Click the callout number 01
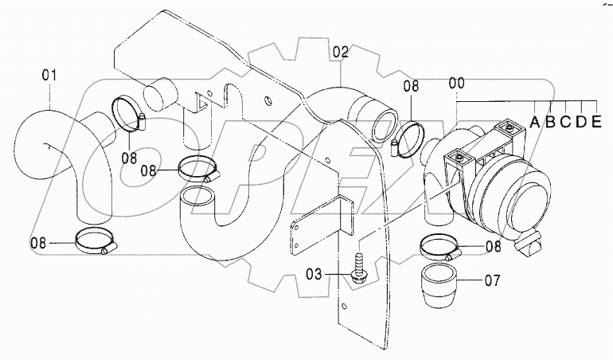click(49, 76)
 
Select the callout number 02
click(341, 52)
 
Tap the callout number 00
click(457, 83)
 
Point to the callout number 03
click(314, 274)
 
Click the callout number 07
click(492, 280)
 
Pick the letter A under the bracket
click(534, 123)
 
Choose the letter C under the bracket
click(566, 123)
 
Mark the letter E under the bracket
click(596, 123)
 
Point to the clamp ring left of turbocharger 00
click(408, 139)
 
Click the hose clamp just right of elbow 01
click(130, 113)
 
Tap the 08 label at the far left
click(38, 243)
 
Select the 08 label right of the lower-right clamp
click(494, 247)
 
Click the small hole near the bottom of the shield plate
click(343, 306)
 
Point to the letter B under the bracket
click(550, 123)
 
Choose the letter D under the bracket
click(581, 123)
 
